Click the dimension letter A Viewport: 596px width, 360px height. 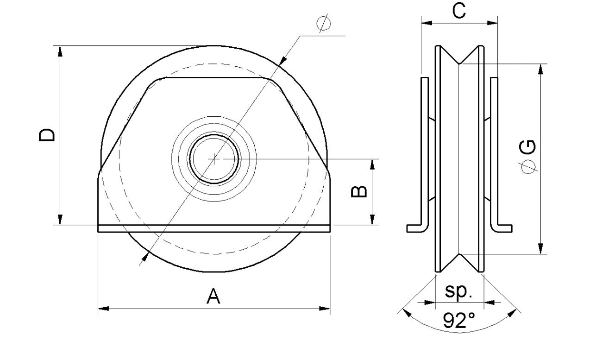point(213,296)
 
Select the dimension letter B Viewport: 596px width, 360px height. point(359,192)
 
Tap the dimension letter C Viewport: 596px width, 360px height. point(459,11)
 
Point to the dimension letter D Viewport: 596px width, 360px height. point(46,135)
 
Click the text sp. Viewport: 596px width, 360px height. point(458,291)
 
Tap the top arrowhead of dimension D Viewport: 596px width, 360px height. point(60,51)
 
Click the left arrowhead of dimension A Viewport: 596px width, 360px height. point(103,308)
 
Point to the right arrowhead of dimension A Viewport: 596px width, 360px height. point(326,308)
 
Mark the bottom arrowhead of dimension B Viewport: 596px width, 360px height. point(371,221)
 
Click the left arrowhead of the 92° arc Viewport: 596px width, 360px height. point(407,313)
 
